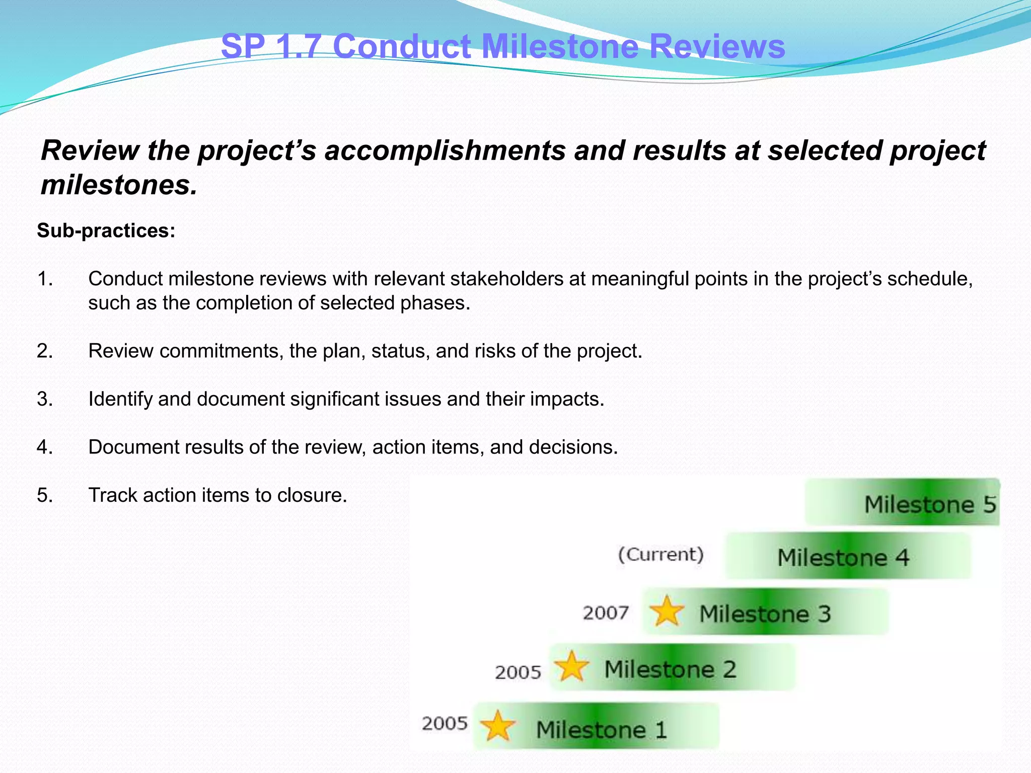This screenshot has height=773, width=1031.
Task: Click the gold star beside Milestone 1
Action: tap(497, 726)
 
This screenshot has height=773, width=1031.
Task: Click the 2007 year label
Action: tap(606, 613)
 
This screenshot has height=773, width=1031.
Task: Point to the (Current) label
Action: tap(660, 555)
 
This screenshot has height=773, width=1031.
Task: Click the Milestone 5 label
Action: tap(930, 504)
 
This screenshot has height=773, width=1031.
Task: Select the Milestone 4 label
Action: tap(843, 558)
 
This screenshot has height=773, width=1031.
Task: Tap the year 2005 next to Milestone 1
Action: tap(445, 724)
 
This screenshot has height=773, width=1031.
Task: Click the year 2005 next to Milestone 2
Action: tap(518, 672)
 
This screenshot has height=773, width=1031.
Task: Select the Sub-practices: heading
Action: tap(106, 230)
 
